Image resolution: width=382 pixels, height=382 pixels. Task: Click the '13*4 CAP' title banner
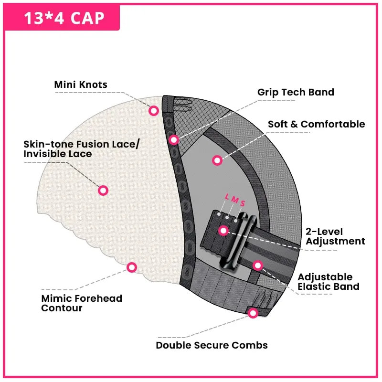62,18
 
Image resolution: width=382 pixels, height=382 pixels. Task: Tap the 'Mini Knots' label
81,85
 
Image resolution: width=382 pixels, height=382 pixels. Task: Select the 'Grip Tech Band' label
296,92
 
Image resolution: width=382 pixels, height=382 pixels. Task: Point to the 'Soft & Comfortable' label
317,124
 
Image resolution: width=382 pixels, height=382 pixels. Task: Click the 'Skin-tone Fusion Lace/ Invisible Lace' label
81,149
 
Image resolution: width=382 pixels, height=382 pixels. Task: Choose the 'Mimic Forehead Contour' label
82,303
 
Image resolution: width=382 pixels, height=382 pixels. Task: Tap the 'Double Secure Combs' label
212,345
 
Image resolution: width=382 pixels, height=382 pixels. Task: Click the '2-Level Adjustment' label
335,236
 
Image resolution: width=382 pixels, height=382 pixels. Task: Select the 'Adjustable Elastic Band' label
329,282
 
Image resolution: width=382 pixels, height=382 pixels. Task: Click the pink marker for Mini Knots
154,111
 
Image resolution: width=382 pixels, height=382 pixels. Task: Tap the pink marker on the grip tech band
174,140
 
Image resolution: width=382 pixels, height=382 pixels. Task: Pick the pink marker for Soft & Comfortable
217,160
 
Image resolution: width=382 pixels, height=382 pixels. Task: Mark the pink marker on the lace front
103,190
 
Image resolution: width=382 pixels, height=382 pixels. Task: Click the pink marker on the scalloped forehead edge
132,267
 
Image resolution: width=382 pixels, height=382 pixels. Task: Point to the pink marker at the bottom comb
253,313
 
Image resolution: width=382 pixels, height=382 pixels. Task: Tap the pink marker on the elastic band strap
258,265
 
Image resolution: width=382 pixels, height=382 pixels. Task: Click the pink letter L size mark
227,196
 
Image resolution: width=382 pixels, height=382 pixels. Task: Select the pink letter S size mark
243,203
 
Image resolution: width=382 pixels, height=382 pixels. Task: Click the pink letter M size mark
235,200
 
